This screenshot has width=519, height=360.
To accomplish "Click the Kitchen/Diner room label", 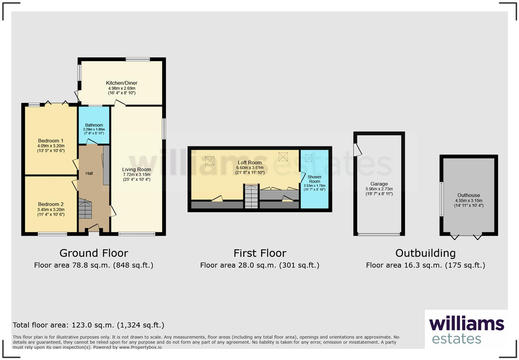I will pos(122,83).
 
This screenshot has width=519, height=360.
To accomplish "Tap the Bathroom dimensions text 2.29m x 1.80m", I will pos(94,129).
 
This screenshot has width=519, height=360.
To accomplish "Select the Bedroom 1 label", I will pos(50,140).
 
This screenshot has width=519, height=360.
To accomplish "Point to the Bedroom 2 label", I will pos(50,204).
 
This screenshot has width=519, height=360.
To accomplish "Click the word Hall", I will pos(89,173).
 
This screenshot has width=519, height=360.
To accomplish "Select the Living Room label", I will pos(136,169).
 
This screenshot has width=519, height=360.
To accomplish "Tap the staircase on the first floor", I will pos(251,196).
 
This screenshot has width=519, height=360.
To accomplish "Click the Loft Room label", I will pos(250,162).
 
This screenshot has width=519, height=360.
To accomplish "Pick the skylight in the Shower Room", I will pos(309,158).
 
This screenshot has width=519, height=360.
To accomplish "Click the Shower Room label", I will pos(314,179).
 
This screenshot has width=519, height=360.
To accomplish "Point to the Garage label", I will pos(379,184).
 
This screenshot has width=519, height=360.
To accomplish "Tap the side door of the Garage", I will pos(358,150).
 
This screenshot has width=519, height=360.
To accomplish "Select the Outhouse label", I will pos(469,195).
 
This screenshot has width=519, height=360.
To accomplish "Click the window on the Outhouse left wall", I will pos(442,199).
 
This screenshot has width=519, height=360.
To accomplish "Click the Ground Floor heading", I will pos(94,253).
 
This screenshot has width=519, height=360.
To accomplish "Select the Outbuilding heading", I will pos(425,253).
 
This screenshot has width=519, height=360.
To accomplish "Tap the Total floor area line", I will pos(89,325).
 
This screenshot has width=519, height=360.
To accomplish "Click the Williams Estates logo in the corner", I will pos(466,330).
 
